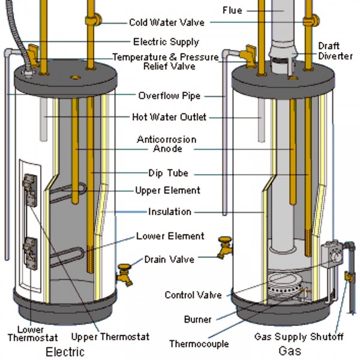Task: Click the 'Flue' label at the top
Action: point(232,10)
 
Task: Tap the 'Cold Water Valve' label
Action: point(167,23)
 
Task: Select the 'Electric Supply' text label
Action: point(166,43)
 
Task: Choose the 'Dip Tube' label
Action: point(168,173)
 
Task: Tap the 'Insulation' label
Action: point(170,212)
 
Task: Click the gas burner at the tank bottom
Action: point(285,287)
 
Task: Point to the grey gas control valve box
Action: point(330,254)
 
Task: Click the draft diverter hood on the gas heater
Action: point(281,58)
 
